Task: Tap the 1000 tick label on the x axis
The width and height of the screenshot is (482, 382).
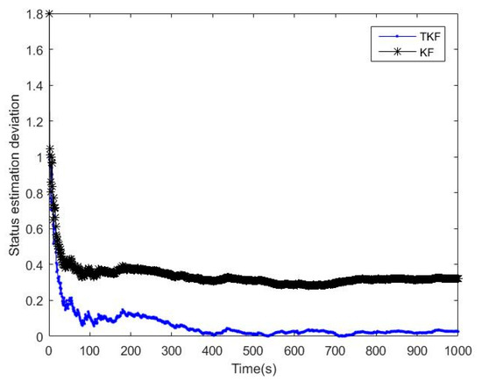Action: [460, 350]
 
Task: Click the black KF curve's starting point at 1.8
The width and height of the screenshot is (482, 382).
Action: [49, 14]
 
